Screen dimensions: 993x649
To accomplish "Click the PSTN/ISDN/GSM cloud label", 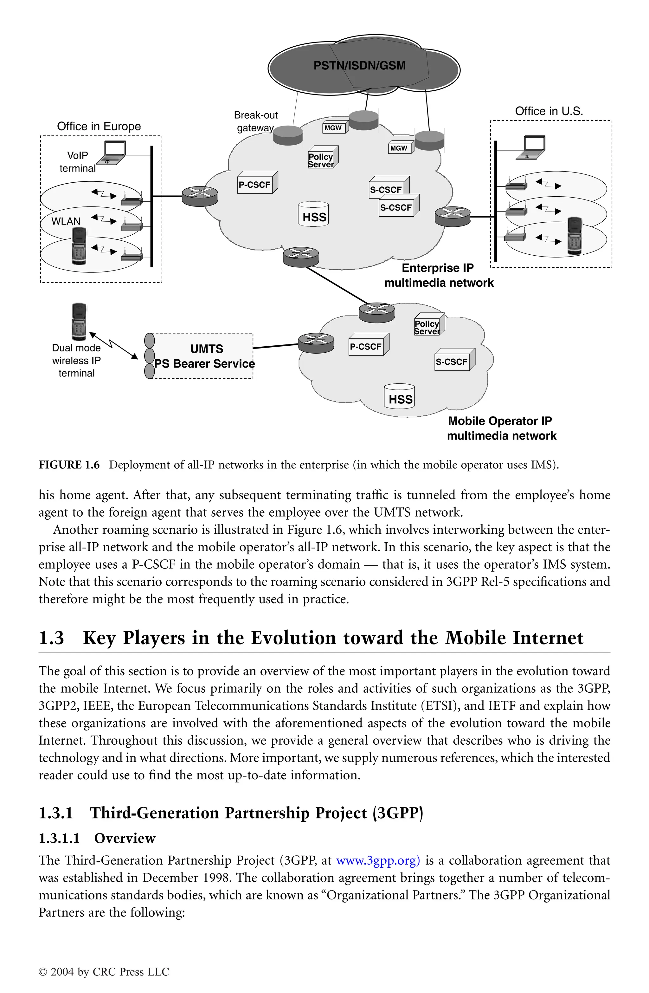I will click(x=359, y=66).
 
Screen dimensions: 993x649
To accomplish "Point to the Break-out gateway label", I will click(x=255, y=121).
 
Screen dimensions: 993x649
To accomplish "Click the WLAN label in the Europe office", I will click(x=66, y=221).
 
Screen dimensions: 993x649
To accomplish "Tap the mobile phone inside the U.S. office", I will click(x=575, y=236).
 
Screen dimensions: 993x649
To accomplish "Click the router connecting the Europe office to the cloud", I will click(x=200, y=196).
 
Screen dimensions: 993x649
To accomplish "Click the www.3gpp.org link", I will click(x=378, y=860).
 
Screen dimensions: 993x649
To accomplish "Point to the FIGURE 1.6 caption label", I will click(x=69, y=465).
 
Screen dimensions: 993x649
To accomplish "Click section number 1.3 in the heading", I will click(x=51, y=638).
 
